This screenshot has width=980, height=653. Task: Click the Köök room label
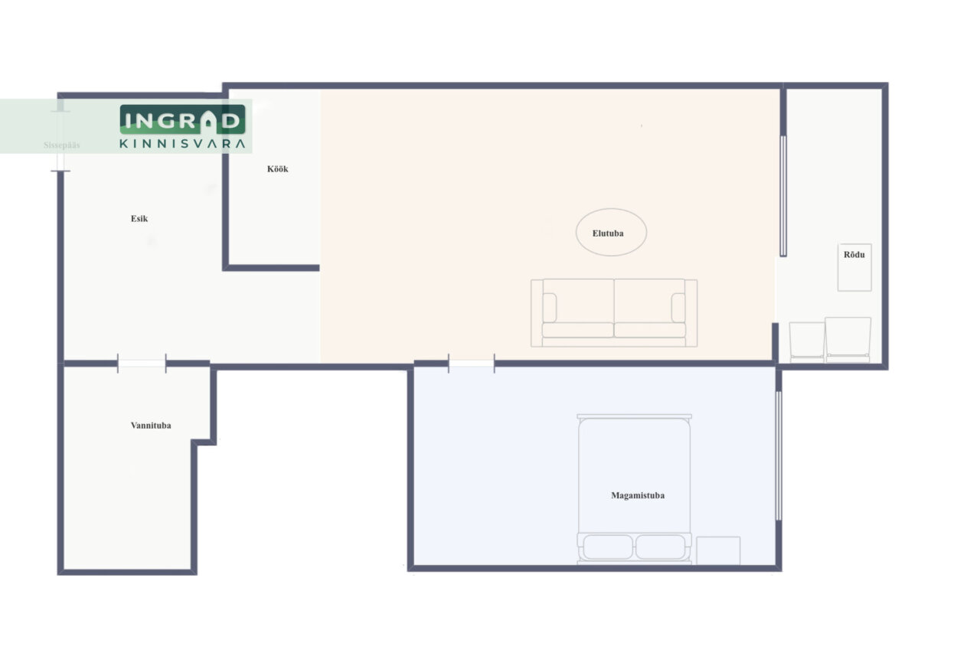[277, 169]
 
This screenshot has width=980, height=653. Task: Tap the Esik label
[139, 219]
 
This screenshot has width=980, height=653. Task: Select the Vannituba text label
[151, 426]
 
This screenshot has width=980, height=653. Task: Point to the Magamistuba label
[638, 495]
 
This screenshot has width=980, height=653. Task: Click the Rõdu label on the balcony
[854, 255]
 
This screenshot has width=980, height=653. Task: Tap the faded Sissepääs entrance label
[62, 145]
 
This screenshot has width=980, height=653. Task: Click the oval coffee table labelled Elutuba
[611, 232]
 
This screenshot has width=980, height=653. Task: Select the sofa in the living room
[614, 313]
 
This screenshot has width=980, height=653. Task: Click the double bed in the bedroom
[635, 489]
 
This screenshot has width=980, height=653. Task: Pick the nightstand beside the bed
[718, 550]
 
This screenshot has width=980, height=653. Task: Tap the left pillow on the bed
[608, 547]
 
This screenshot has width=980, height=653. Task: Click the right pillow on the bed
[660, 547]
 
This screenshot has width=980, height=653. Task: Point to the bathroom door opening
[142, 364]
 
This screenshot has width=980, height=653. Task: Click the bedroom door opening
[472, 364]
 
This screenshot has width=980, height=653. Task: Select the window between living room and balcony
[783, 196]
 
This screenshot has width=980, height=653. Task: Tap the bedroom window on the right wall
[779, 455]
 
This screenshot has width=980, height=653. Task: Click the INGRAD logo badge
[182, 119]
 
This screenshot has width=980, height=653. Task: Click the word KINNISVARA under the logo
[182, 144]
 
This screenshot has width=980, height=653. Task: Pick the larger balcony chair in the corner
[848, 340]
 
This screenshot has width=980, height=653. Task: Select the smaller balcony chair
[807, 342]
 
